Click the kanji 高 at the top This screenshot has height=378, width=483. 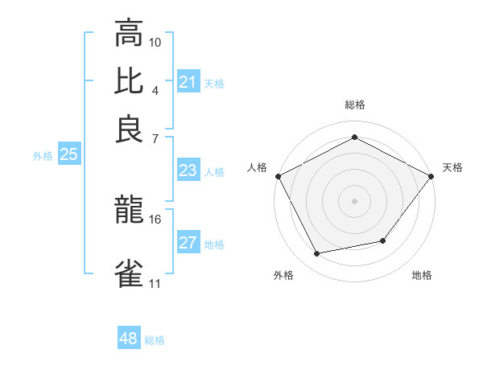(129, 34)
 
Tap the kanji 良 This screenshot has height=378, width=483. (129, 129)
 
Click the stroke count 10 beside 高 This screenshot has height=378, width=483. (155, 42)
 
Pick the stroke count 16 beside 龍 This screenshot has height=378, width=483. (155, 219)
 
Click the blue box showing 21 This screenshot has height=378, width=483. (188, 82)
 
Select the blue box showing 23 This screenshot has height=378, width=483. (188, 171)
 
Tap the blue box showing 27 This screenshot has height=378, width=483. (188, 244)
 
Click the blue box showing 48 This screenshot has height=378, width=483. (128, 339)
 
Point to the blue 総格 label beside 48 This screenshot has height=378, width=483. (155, 340)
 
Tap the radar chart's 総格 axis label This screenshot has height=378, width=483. (354, 105)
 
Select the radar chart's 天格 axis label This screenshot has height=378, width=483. (452, 167)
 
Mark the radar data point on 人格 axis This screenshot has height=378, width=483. (278, 175)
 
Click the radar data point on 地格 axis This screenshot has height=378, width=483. (383, 240)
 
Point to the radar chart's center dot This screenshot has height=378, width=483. (354, 200)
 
